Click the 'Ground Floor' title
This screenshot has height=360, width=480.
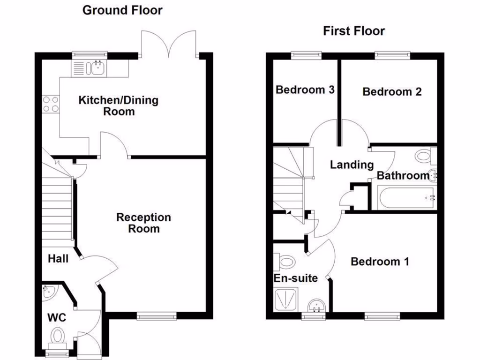122,10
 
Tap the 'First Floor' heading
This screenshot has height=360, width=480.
354,31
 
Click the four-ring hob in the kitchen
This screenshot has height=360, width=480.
51,104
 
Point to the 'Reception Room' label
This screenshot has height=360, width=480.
143,223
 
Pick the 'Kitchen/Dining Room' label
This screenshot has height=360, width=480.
119,105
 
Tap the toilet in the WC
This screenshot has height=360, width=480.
58,338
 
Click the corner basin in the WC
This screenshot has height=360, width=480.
49,292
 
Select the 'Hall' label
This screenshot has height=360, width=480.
58,259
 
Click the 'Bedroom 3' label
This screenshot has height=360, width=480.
305,90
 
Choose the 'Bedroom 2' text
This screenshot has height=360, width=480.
392,91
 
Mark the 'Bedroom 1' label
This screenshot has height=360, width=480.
380,262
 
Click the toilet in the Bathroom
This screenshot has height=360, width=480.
426,156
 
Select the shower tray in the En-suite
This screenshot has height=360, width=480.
286,299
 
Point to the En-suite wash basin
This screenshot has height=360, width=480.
316,306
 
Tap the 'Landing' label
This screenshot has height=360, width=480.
352,165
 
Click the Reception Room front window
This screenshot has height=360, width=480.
157,316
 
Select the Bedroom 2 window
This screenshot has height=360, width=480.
392,55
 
